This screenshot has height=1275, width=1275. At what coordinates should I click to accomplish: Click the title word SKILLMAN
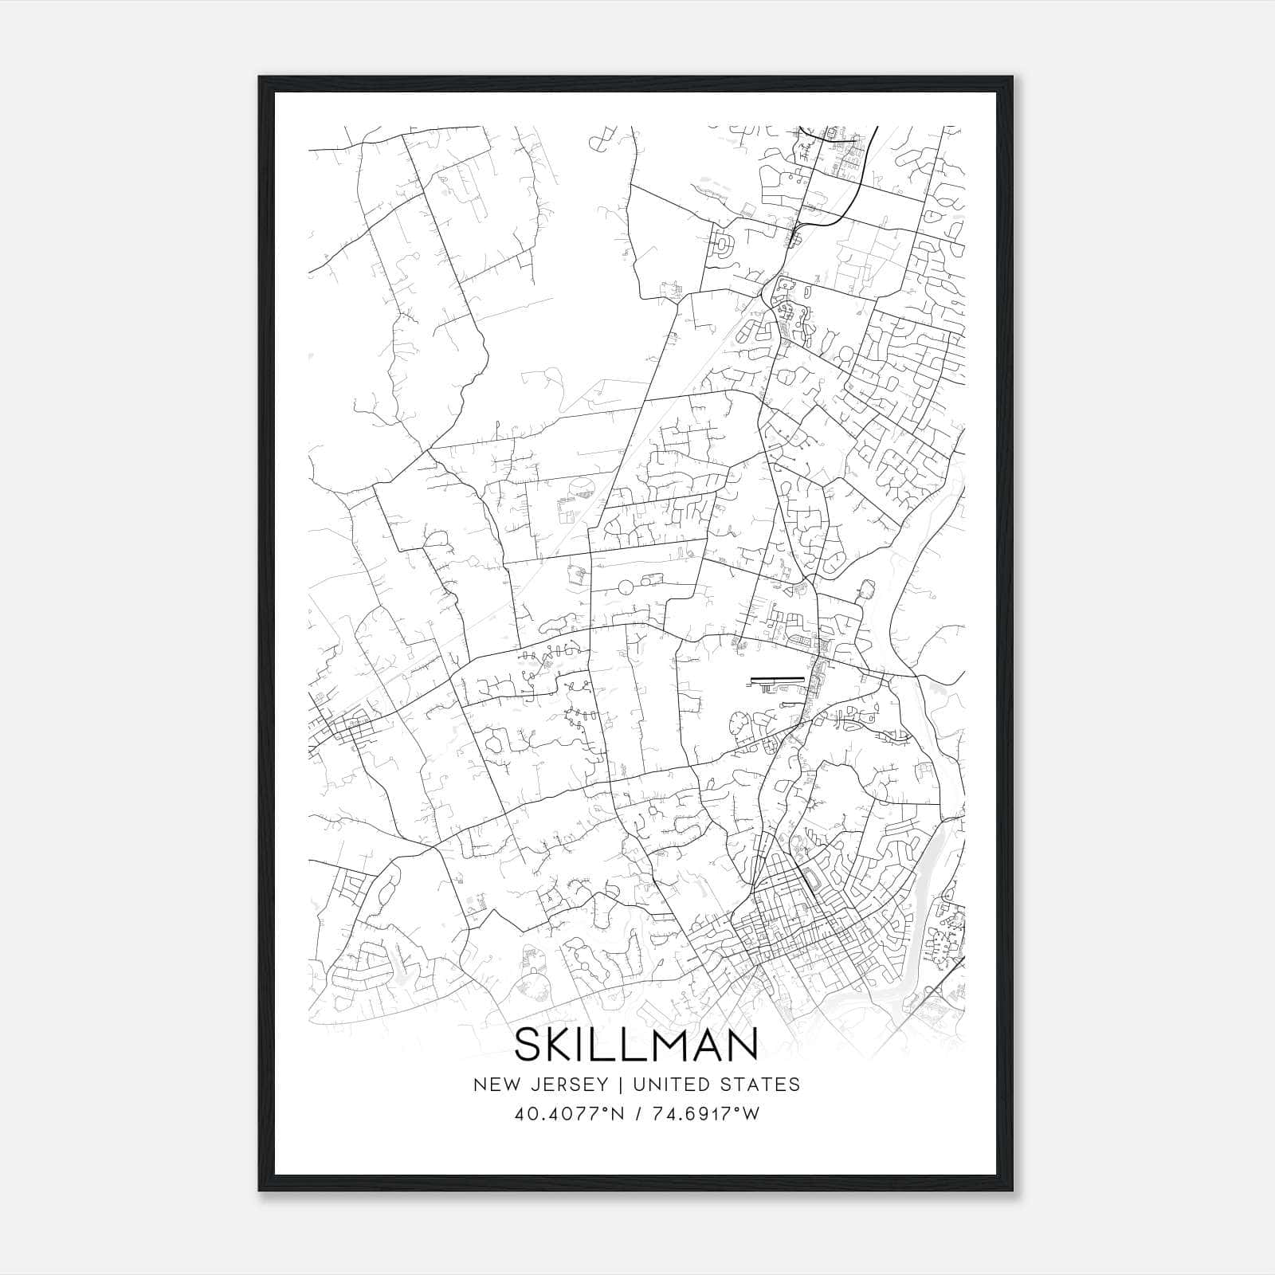point(636,1045)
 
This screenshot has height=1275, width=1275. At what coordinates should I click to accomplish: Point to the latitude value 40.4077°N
point(570,1114)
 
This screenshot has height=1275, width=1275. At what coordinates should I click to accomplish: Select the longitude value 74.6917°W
point(706,1114)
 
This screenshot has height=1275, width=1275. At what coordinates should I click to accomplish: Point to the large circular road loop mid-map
point(624,587)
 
